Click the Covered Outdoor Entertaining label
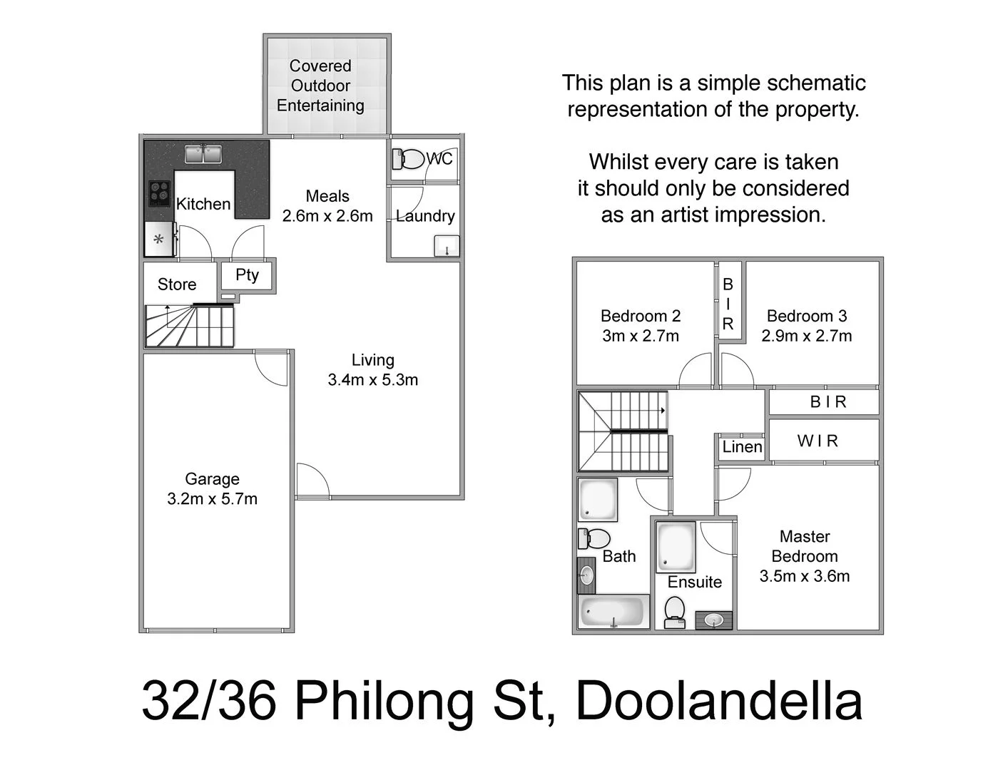(320, 86)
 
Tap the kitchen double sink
(203, 153)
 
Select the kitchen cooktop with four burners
(159, 192)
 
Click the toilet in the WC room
(408, 158)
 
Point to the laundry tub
(447, 246)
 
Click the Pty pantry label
(247, 275)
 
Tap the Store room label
(177, 284)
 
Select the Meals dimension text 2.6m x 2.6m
(327, 216)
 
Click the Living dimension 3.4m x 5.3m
(372, 380)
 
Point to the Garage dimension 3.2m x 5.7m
(212, 499)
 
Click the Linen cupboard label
(742, 447)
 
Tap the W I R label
(818, 441)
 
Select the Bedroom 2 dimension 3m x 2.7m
(641, 336)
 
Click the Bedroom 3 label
(806, 316)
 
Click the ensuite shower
(676, 547)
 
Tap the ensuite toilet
(674, 612)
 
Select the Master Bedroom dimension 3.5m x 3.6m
(805, 576)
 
